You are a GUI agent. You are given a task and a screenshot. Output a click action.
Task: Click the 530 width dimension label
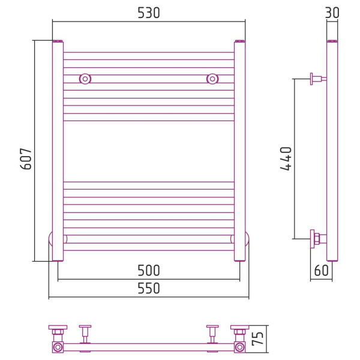(x=149, y=13)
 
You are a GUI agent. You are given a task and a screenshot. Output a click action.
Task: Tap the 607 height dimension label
(x=26, y=159)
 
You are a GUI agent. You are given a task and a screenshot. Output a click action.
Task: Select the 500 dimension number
(x=149, y=271)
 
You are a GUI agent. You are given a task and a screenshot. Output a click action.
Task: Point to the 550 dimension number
(x=149, y=289)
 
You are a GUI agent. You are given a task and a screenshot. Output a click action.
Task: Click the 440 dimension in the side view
(x=286, y=158)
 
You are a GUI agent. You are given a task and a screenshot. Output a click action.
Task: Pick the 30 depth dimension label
(x=332, y=13)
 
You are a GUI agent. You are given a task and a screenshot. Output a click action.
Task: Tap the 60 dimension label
(x=321, y=271)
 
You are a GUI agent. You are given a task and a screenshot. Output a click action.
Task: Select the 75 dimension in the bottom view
(x=257, y=338)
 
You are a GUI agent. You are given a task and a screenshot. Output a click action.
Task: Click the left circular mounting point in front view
(x=85, y=79)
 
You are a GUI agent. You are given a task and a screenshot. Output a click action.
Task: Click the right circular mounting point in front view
(x=212, y=79)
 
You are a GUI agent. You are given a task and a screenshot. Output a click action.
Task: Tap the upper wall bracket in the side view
(x=318, y=79)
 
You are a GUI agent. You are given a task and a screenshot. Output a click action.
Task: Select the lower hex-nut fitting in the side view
(x=318, y=239)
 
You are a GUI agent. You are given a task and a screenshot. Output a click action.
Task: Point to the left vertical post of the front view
(x=58, y=151)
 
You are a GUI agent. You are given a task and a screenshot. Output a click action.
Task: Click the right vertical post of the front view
(x=239, y=151)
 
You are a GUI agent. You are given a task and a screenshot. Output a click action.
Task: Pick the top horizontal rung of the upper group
(x=149, y=56)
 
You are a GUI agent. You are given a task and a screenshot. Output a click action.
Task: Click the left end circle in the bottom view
(x=58, y=347)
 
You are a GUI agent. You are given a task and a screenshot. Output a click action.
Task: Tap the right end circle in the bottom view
(x=239, y=347)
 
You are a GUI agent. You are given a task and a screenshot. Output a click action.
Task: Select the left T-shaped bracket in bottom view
(x=85, y=334)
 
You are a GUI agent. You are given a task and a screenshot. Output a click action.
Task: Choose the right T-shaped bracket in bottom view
(x=212, y=334)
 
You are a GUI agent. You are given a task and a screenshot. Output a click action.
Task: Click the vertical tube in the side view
(x=332, y=151)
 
